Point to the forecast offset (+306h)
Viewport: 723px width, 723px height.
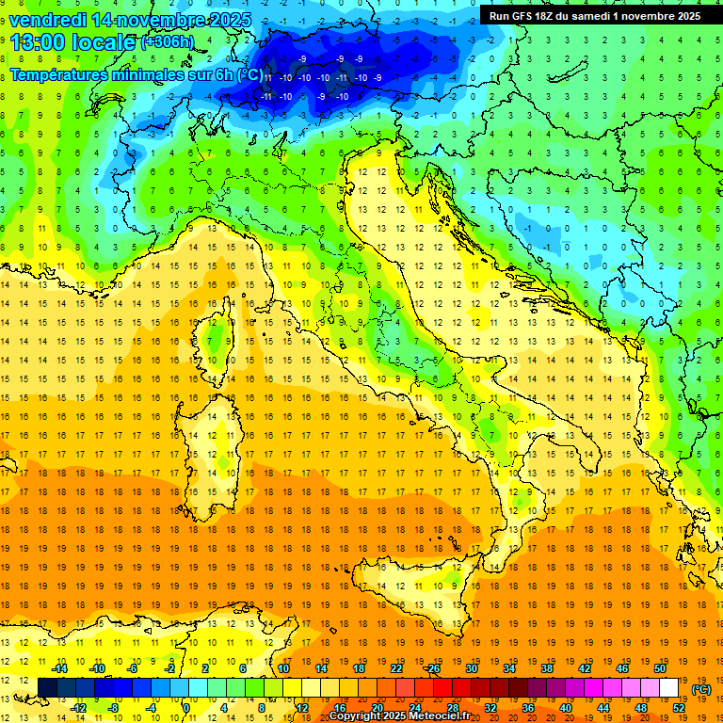point(168,42)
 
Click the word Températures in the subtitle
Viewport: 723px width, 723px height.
point(56,74)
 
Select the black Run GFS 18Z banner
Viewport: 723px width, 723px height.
point(594,15)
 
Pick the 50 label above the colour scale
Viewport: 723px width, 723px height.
point(660,668)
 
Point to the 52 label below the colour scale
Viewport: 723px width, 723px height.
point(679,707)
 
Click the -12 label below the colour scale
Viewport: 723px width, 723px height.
point(79,707)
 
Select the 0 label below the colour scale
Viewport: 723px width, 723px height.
point(187,707)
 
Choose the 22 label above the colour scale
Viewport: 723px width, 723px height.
point(396,668)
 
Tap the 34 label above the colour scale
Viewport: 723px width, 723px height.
point(509,668)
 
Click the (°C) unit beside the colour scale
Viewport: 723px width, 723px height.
point(700,688)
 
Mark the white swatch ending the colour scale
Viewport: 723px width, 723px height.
point(669,687)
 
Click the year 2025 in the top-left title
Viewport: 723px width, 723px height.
point(231,19)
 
